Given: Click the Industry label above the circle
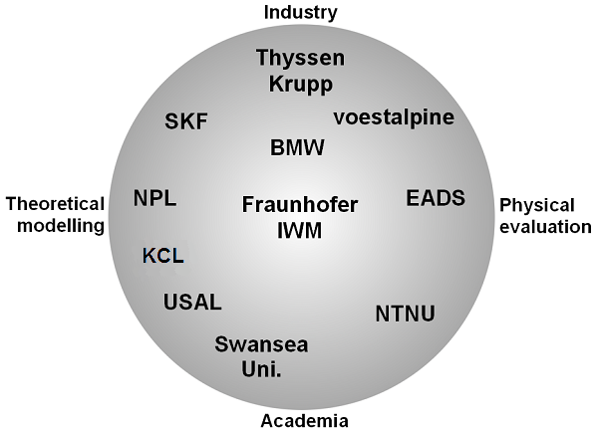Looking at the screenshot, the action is (x=301, y=13).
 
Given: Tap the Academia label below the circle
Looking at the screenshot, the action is (x=304, y=421).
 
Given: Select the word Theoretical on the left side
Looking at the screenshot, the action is (x=55, y=204).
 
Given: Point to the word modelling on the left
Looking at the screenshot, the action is (x=61, y=226).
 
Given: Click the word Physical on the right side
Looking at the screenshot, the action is (x=537, y=206).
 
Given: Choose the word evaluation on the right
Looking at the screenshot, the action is (x=546, y=227).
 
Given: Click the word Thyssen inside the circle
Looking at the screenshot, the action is (x=301, y=59).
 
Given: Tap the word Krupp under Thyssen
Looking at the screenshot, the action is (x=301, y=85).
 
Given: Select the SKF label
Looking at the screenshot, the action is (x=186, y=121).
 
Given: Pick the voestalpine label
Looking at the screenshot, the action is (x=394, y=116).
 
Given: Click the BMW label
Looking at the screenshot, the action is (x=297, y=147).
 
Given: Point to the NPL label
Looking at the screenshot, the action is (x=154, y=198).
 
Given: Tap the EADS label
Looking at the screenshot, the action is (x=436, y=198).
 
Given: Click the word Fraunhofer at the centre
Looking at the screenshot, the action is (x=300, y=204).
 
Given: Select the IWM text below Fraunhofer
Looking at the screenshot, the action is (x=299, y=230).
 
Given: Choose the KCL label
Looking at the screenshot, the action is (x=163, y=256).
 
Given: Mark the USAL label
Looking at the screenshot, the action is (x=192, y=302).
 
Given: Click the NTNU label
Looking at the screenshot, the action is (x=405, y=314).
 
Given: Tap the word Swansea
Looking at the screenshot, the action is (x=261, y=344).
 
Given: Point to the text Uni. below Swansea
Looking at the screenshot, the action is (x=261, y=369).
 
